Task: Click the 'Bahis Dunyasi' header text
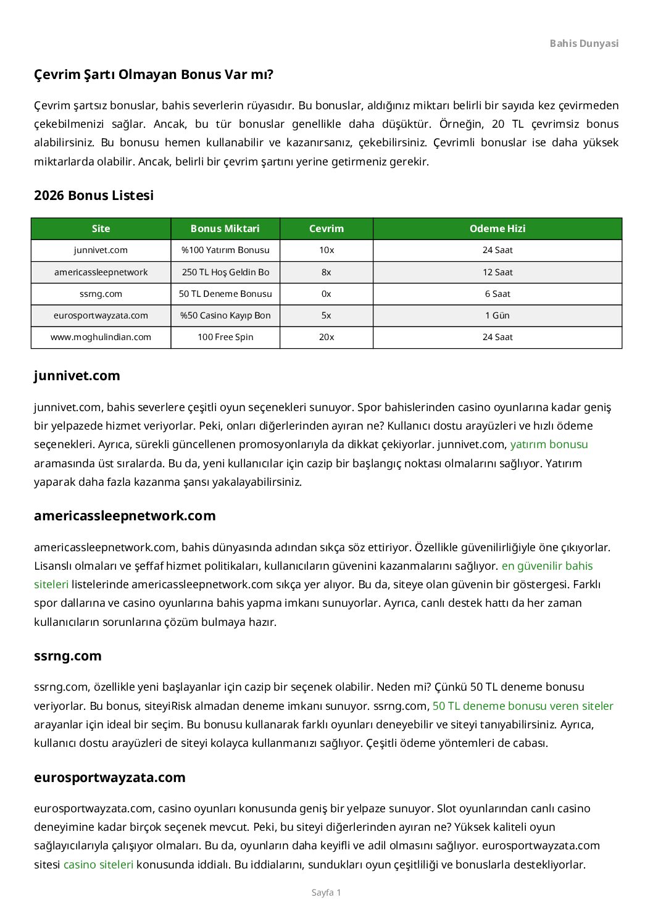click(583, 43)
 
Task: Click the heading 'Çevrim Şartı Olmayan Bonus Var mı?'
click(154, 75)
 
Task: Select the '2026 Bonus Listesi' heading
click(94, 195)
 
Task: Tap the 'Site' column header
click(101, 228)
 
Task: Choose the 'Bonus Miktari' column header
click(225, 228)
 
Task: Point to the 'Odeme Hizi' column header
click(497, 228)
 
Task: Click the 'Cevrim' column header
click(326, 228)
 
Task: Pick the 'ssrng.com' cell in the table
click(101, 294)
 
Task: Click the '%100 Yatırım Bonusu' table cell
click(225, 250)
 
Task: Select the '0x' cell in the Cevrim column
click(326, 294)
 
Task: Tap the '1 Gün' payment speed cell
click(497, 315)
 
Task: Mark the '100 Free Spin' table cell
click(225, 337)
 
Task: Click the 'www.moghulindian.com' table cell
click(101, 337)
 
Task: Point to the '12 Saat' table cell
click(497, 272)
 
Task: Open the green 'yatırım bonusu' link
click(549, 444)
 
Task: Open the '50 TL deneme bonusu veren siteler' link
click(523, 705)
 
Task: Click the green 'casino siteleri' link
click(98, 864)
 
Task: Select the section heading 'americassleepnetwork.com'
click(125, 516)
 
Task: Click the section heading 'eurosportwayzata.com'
click(110, 777)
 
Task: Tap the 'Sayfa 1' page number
click(326, 893)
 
